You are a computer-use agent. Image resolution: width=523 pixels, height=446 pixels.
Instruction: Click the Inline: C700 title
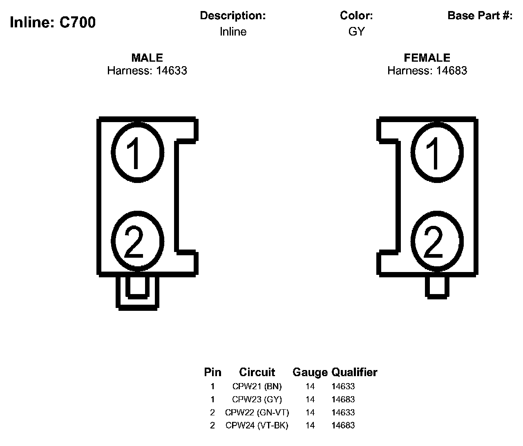(x=53, y=22)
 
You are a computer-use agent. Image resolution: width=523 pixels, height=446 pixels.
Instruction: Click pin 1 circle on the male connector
(x=138, y=152)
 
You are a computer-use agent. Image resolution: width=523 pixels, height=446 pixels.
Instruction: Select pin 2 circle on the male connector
(x=138, y=242)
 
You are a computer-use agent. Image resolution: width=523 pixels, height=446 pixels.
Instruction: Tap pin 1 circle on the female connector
(x=437, y=152)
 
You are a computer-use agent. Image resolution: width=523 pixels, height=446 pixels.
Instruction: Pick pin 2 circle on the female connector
(x=437, y=242)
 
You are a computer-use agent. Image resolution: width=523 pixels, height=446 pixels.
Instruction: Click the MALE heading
(x=147, y=58)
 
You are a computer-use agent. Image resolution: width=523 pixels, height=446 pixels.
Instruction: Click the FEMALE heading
(x=427, y=58)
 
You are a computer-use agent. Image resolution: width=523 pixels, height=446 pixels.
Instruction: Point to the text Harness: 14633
(x=147, y=71)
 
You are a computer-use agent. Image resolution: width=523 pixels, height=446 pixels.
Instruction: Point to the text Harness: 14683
(x=427, y=71)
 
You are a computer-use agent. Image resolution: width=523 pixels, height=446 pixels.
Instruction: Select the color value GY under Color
(x=356, y=32)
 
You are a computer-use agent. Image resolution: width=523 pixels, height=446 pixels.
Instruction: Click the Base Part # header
(x=480, y=16)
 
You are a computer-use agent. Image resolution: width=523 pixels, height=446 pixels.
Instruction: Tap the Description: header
(x=233, y=16)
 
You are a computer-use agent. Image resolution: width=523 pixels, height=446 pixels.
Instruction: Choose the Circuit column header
(x=257, y=372)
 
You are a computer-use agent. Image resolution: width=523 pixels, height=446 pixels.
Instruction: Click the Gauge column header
(x=310, y=372)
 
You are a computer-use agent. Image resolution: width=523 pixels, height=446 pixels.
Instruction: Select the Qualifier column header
(x=354, y=372)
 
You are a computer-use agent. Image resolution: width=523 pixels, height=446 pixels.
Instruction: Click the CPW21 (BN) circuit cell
(x=257, y=386)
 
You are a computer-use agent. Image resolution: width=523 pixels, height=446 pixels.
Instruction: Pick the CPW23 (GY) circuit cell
(x=257, y=399)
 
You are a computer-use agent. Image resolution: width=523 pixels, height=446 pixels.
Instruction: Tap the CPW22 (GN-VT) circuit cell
(x=257, y=413)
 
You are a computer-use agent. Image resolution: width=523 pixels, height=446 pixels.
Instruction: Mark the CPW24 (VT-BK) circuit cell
(x=257, y=426)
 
